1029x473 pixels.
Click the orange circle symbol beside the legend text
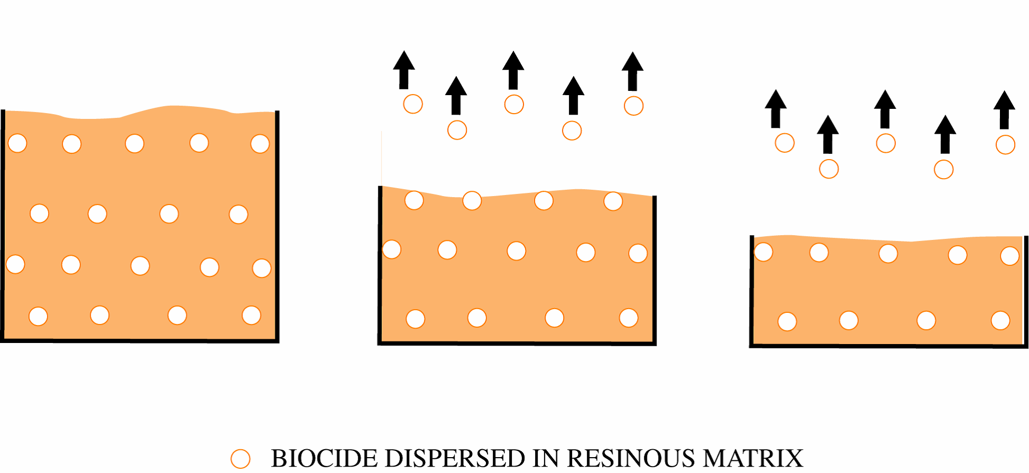[240, 459]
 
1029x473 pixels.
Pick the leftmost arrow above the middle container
[404, 70]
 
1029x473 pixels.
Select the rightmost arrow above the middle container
[632, 71]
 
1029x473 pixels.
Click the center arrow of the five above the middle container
[513, 70]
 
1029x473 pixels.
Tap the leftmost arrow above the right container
[775, 108]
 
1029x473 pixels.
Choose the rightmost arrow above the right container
[1004, 109]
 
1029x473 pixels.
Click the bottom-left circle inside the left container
[38, 316]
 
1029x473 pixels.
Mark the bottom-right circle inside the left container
[251, 315]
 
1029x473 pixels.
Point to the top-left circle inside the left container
[17, 143]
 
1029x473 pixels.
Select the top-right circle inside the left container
[260, 143]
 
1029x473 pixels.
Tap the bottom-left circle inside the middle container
[415, 319]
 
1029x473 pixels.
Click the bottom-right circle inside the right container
[1000, 320]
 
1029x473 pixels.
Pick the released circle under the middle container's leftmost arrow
[413, 104]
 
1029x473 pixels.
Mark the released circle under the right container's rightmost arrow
[1005, 144]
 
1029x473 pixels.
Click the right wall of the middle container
[654, 270]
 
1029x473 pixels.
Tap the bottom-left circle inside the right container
[787, 321]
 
